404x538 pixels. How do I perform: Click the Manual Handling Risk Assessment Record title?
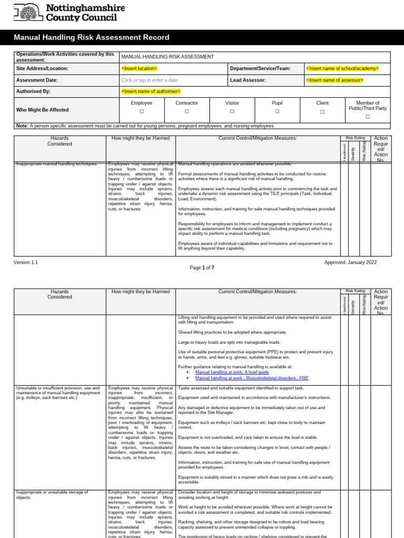pos(92,37)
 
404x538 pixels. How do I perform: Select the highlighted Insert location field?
pos(139,68)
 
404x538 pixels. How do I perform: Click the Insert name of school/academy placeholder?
pos(342,68)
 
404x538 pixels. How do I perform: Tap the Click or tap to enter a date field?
pos(150,80)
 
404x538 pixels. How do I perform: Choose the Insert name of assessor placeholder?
pos(335,80)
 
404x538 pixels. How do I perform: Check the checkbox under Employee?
pos(142,112)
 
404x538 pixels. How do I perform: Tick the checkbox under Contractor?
pos(187,112)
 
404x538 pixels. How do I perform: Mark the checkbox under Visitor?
pos(232,112)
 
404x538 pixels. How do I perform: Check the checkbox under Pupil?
pos(277,112)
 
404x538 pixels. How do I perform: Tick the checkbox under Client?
pos(322,112)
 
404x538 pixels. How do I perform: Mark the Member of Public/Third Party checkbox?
pos(368,117)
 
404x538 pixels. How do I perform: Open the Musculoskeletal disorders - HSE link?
pos(251,378)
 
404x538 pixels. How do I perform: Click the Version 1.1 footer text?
pos(26,262)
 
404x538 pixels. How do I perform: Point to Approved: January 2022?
pos(350,262)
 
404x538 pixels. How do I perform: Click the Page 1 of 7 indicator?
pos(202,268)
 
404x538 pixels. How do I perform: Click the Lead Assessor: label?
pos(248,80)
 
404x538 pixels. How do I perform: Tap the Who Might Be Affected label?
pos(43,110)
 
